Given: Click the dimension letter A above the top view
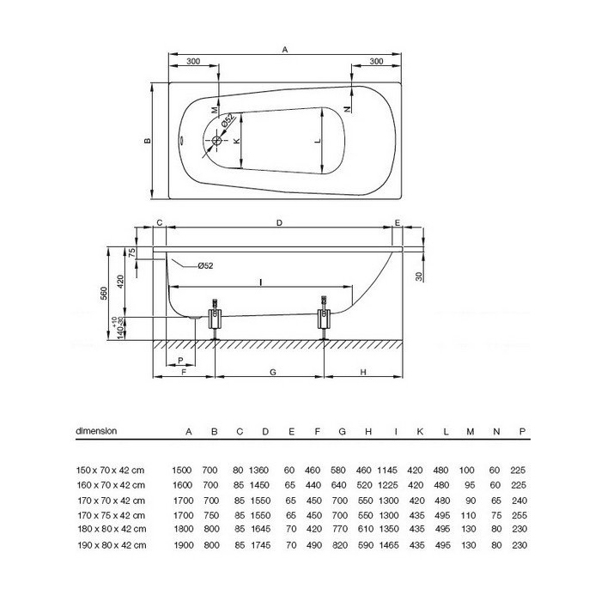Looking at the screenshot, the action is [x=285, y=50].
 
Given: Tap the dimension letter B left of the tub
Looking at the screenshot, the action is [x=147, y=141].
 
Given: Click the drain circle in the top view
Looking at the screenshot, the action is [x=217, y=141].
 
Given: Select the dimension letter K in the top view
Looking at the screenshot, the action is [x=237, y=141].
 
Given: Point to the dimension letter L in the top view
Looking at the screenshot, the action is [x=318, y=141].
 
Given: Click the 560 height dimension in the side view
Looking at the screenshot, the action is [x=104, y=294].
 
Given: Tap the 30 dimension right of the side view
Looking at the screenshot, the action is [x=419, y=276].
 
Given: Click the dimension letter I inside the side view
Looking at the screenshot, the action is [x=261, y=282].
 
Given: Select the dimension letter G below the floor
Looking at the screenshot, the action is [x=273, y=372].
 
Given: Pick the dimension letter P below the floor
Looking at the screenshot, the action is [x=181, y=361].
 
